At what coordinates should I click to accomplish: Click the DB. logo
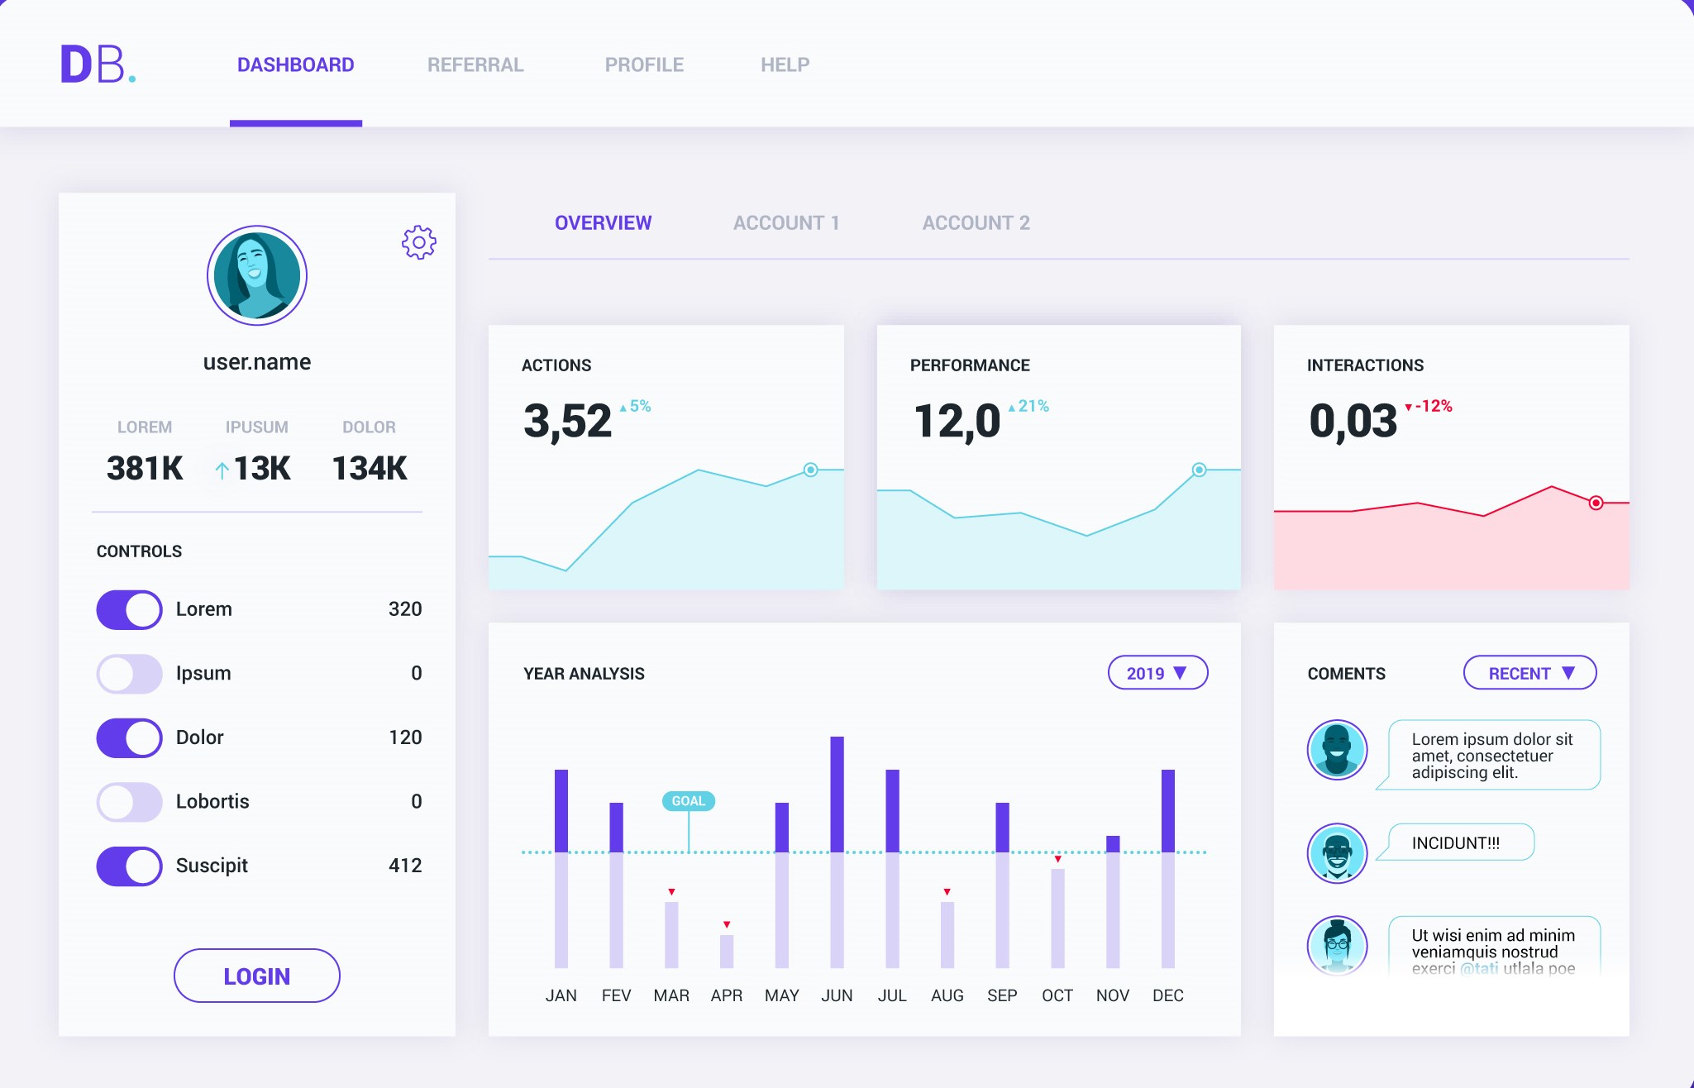coord(98,64)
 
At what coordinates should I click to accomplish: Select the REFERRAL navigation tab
coord(475,64)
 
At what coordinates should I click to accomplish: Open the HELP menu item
coord(785,64)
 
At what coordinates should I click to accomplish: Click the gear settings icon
coord(419,242)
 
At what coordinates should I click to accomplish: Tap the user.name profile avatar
coord(257,275)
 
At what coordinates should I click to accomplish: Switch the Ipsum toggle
coord(129,674)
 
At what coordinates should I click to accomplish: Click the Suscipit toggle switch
coord(129,866)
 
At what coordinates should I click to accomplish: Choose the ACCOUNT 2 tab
coord(976,223)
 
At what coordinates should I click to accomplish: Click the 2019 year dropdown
coord(1157,673)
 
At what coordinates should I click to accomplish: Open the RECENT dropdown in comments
coord(1529,673)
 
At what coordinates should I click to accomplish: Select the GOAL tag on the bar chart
coord(688,801)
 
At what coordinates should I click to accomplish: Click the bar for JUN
coord(837,852)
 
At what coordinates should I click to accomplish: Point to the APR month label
coord(726,995)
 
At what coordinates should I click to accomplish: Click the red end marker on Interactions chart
coord(1596,503)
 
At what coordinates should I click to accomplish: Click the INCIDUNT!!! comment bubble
coord(1460,842)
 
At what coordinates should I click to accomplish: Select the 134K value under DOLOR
coord(369,469)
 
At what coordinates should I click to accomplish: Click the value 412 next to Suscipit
coord(405,866)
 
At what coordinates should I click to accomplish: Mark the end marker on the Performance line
coord(1199,470)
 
